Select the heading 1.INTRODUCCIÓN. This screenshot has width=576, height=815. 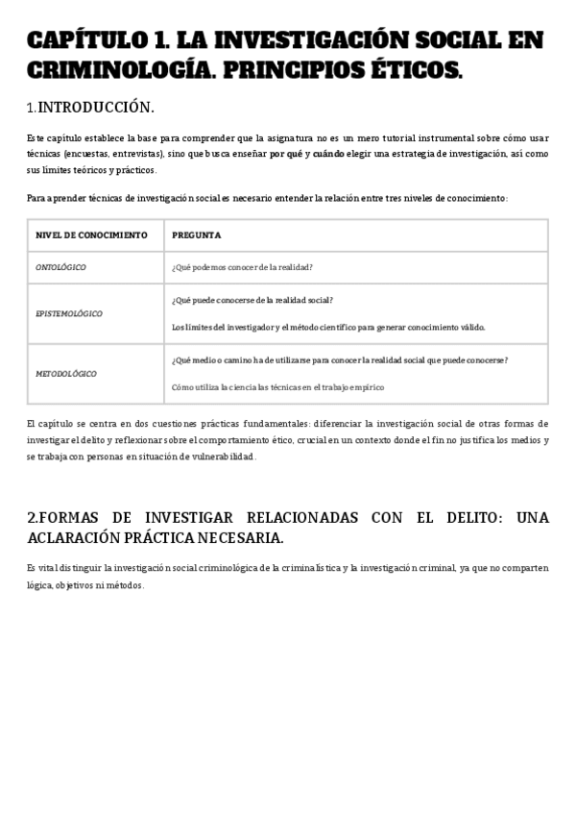(x=90, y=106)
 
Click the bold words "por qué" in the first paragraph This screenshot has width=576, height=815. (x=286, y=153)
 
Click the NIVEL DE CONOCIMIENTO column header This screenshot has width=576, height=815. (x=91, y=235)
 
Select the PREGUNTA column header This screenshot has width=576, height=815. (x=196, y=235)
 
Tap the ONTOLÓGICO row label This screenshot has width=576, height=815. (x=60, y=267)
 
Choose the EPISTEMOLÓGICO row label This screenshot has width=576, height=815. (x=69, y=313)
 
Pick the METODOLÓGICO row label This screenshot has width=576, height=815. (x=66, y=373)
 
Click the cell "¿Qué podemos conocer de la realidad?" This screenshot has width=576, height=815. (x=242, y=267)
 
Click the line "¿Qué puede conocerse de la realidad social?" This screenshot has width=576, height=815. (x=252, y=300)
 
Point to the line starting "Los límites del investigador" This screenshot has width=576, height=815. (x=328, y=327)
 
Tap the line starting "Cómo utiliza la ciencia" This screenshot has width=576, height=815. (x=277, y=387)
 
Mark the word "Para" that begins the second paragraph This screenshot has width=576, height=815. (x=36, y=198)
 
